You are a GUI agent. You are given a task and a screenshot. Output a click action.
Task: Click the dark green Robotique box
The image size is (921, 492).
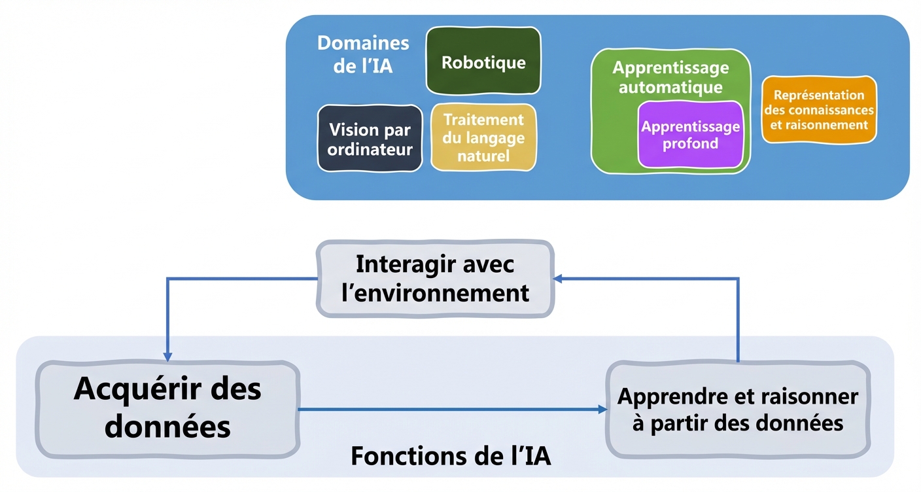tap(483, 62)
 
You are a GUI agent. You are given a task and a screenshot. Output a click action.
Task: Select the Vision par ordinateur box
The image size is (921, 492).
tap(370, 139)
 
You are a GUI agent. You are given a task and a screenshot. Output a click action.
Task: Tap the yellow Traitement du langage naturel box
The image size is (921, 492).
tap(483, 137)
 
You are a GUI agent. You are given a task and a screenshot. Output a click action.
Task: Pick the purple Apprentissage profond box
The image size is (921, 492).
tap(690, 135)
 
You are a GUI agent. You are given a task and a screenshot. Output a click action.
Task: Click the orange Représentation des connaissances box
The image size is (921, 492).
tap(818, 110)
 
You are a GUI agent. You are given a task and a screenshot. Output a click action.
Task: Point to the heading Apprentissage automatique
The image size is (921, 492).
tap(670, 77)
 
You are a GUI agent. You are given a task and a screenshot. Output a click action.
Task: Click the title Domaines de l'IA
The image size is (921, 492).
tap(363, 54)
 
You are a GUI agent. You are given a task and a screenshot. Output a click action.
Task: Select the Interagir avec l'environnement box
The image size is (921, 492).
tap(435, 279)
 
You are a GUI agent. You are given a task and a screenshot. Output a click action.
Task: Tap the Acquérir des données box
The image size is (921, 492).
tap(167, 408)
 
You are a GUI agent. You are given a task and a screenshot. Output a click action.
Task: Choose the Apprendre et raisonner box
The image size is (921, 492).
tap(737, 410)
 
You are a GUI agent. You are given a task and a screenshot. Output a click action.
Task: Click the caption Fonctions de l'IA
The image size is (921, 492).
tap(451, 456)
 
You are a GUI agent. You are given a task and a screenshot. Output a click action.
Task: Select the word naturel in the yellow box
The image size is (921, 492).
tap(483, 156)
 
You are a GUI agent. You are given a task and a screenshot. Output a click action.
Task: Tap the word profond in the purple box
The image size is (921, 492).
tap(690, 143)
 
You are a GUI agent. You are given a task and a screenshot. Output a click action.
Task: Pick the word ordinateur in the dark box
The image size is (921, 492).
tap(370, 149)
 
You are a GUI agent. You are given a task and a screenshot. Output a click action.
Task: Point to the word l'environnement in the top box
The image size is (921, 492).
tap(435, 292)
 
